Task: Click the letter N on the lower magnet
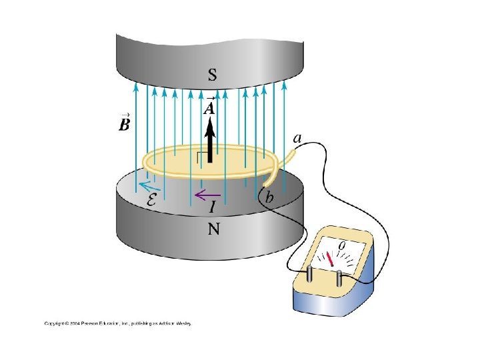pos(213,229)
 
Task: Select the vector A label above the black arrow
pos(210,107)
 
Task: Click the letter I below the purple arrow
pos(212,207)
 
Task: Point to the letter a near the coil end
pos(299,139)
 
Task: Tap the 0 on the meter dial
pos(342,247)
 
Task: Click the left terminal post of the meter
pos(311,275)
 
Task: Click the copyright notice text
pos(117,323)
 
